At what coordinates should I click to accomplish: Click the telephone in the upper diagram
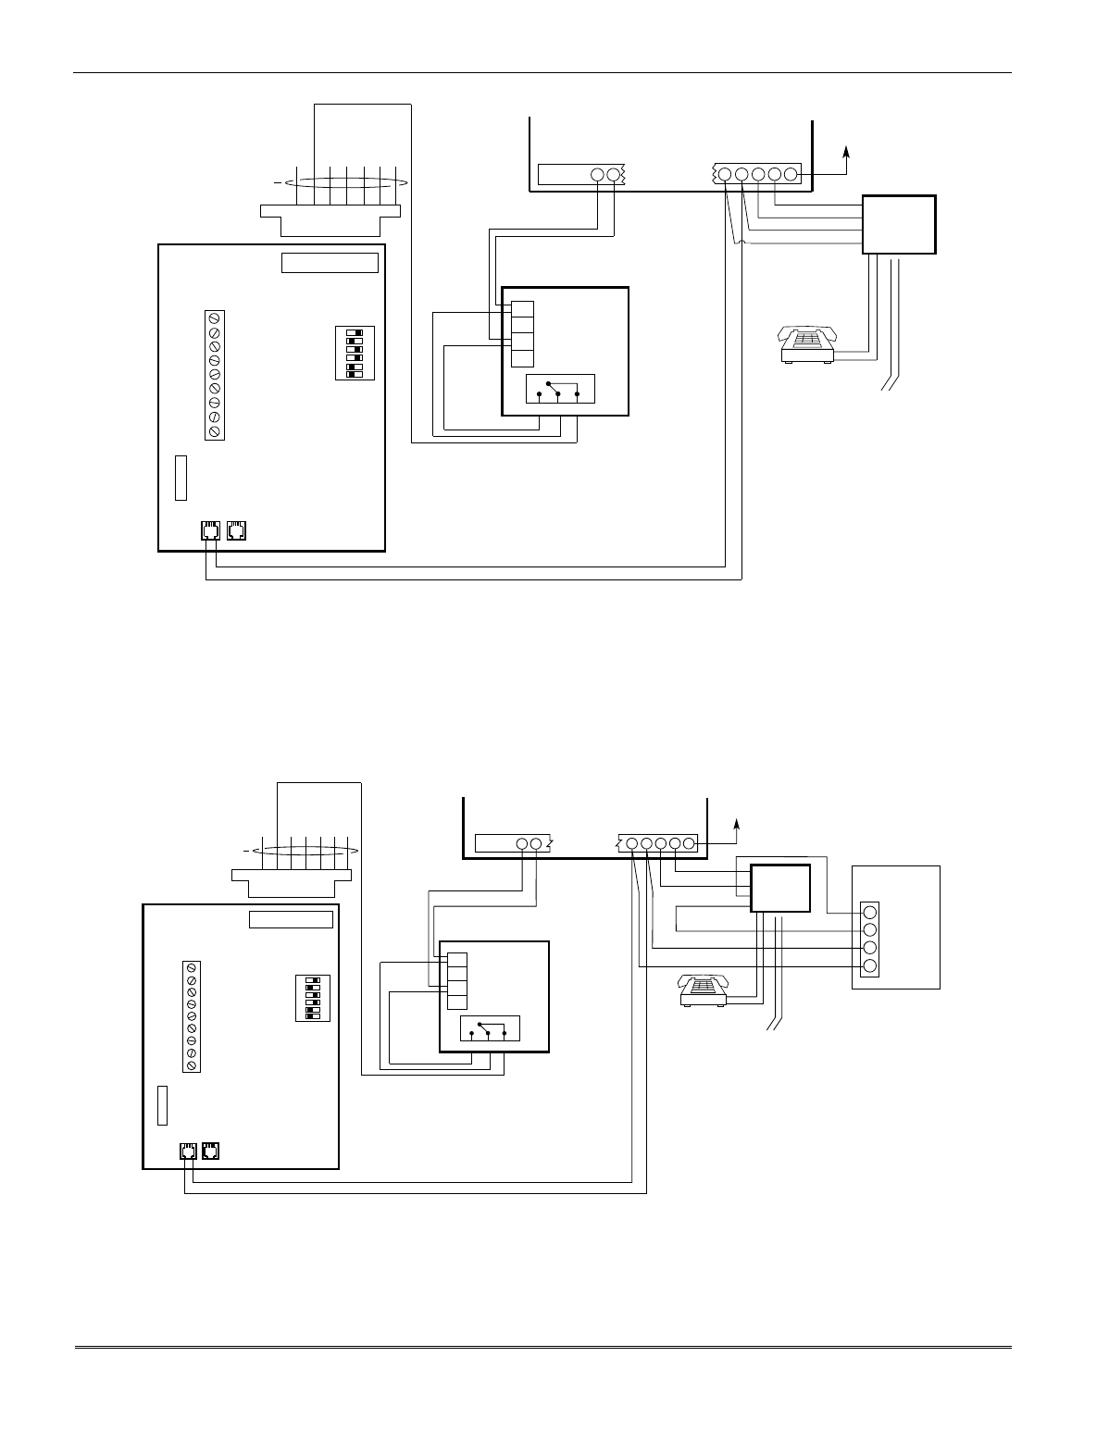pyautogui.click(x=808, y=343)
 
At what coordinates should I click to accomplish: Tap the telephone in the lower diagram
pyautogui.click(x=704, y=990)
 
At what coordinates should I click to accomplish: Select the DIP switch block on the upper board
pyautogui.click(x=354, y=352)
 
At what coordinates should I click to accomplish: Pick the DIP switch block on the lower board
pyautogui.click(x=312, y=997)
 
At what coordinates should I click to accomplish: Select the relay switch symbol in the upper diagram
pyautogui.click(x=559, y=390)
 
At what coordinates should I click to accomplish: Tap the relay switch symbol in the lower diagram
pyautogui.click(x=490, y=1028)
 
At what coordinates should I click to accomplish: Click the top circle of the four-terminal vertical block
pyautogui.click(x=869, y=912)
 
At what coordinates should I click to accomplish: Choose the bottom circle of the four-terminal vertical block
pyautogui.click(x=869, y=966)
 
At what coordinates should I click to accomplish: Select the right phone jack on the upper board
pyautogui.click(x=237, y=531)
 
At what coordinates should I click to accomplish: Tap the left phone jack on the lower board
pyautogui.click(x=186, y=1151)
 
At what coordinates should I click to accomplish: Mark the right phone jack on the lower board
pyautogui.click(x=212, y=1151)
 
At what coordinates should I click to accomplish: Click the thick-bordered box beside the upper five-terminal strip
pyautogui.click(x=899, y=224)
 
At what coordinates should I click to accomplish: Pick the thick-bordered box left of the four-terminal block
pyautogui.click(x=779, y=889)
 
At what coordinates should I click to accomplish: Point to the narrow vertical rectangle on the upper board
pyautogui.click(x=181, y=478)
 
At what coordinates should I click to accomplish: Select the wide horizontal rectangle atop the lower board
pyautogui.click(x=291, y=919)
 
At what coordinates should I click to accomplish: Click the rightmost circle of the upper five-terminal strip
pyautogui.click(x=791, y=174)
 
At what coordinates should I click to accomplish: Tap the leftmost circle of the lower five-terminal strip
pyautogui.click(x=632, y=843)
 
